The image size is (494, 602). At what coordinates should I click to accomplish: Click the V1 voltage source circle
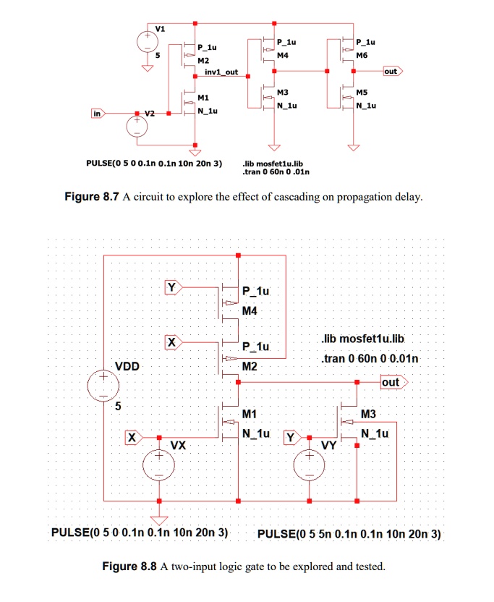[148, 41]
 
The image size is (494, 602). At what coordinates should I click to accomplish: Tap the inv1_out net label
[221, 72]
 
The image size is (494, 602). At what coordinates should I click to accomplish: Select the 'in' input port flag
[98, 114]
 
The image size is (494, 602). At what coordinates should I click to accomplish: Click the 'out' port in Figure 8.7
[393, 71]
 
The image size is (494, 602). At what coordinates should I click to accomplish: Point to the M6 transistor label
[362, 55]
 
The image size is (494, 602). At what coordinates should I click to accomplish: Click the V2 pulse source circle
[137, 127]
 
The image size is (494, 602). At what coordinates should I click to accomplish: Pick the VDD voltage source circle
[103, 386]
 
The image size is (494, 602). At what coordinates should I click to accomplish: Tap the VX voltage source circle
[158, 465]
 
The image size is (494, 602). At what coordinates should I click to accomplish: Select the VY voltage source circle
[309, 465]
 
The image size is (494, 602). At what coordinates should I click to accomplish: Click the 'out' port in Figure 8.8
[394, 382]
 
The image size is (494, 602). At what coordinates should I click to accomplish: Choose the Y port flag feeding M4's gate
[174, 287]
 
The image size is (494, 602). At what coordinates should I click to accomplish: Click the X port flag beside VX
[134, 437]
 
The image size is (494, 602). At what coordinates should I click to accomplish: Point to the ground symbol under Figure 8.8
[159, 520]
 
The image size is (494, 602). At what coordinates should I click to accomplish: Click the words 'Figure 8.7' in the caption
[91, 197]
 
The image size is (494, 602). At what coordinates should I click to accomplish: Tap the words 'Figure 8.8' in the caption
[129, 567]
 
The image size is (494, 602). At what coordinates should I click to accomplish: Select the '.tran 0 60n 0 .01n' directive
[276, 171]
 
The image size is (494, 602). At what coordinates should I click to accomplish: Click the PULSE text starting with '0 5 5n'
[349, 534]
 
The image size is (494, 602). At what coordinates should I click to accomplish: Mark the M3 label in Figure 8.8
[368, 414]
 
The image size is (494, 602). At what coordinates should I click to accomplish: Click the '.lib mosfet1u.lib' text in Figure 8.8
[363, 339]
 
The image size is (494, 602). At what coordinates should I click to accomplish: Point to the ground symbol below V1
[148, 68]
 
